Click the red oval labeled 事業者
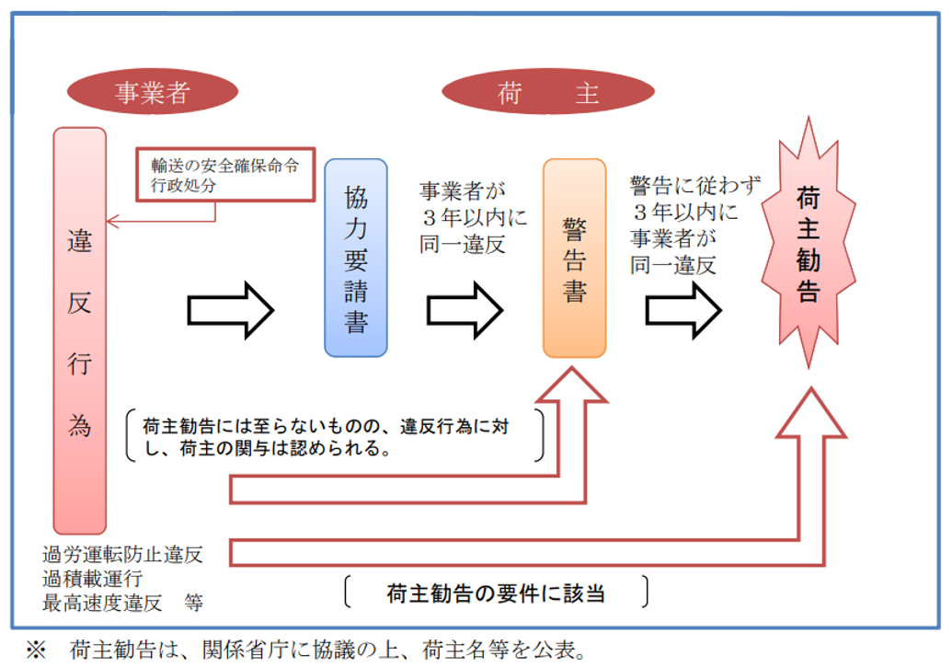153,93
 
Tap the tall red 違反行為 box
79,331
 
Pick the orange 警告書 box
575,258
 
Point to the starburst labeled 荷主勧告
808,244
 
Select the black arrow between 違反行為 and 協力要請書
231,309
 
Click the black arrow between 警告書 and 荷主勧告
683,309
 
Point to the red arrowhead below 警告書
574,386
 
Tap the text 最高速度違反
101,604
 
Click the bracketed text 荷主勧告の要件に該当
496,593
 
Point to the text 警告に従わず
695,186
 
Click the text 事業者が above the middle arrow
463,192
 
